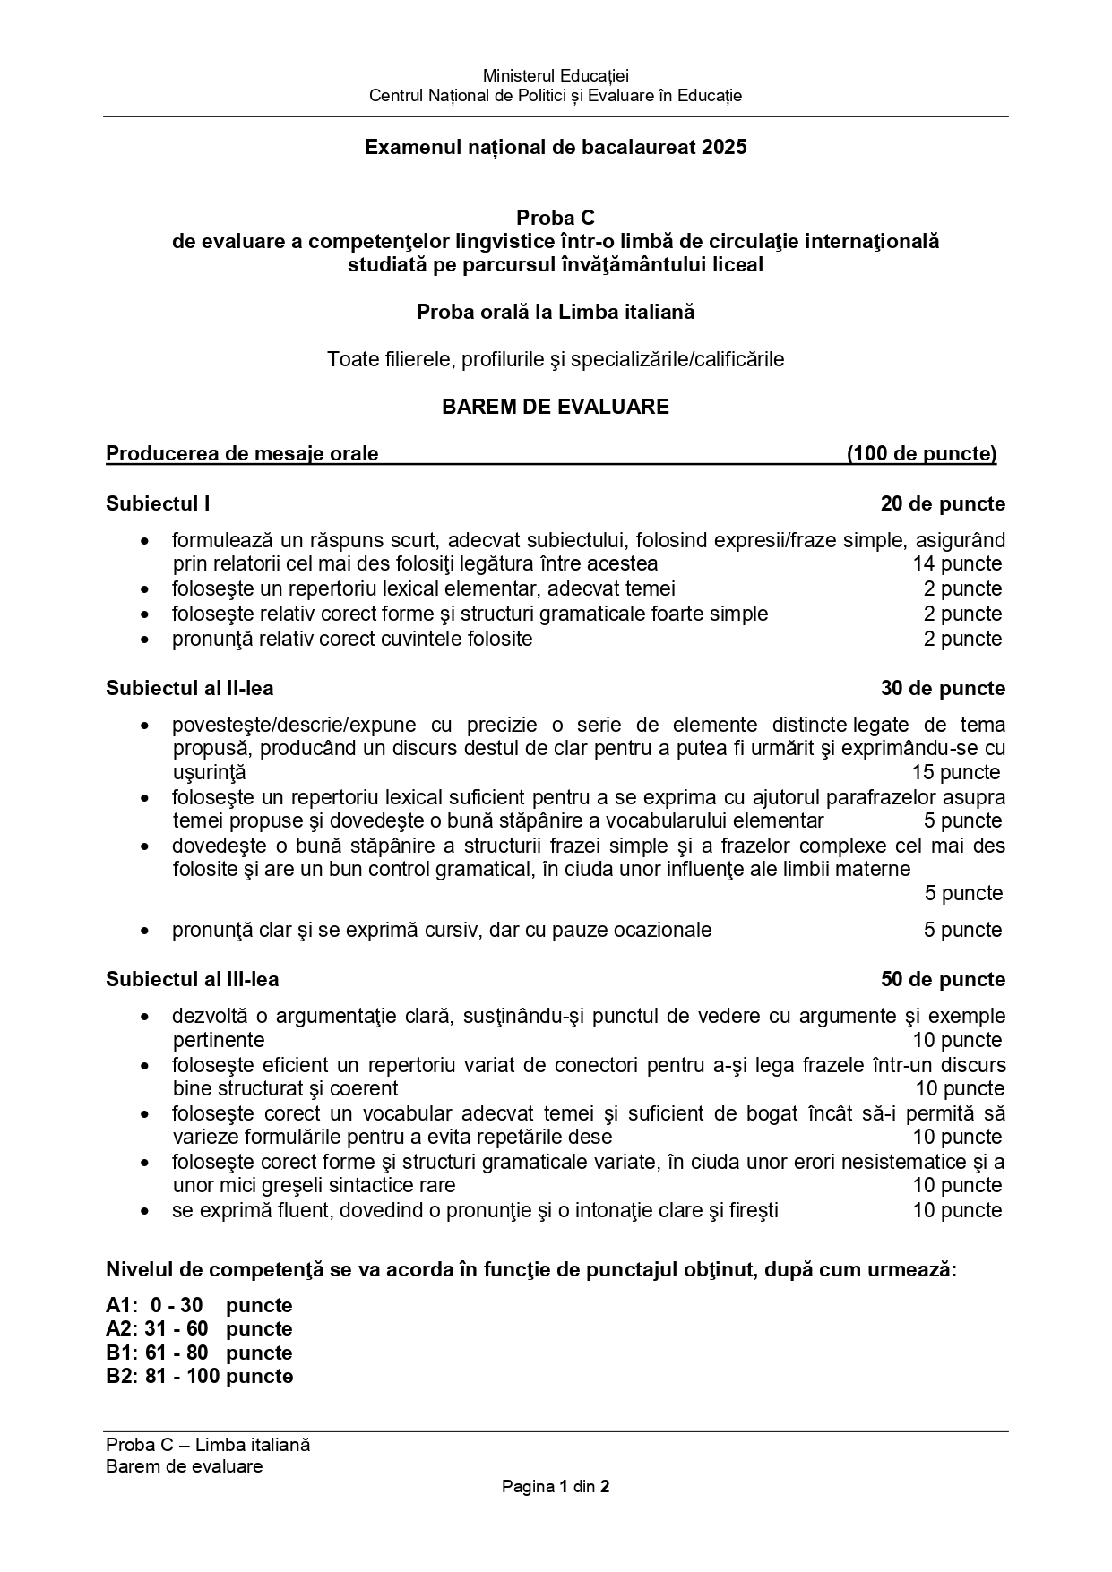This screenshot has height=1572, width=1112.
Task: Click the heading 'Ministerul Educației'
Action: tap(556, 76)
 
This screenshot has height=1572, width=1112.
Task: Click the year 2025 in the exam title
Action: tap(724, 147)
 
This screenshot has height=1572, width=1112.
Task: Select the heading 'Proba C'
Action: tap(555, 218)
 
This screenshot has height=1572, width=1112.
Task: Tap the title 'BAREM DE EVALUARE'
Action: tap(555, 407)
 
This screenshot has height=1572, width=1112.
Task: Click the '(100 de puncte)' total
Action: tap(921, 453)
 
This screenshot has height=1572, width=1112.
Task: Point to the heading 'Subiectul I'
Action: tap(158, 503)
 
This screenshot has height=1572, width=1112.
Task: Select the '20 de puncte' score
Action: tap(943, 503)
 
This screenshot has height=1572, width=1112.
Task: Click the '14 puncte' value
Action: tap(957, 563)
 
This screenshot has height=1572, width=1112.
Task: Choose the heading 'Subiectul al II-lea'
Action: tap(190, 688)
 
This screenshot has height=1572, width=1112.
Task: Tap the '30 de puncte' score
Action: tap(943, 688)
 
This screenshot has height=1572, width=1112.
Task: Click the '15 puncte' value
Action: tap(955, 772)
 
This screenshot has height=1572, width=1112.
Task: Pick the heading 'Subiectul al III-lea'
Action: tap(193, 979)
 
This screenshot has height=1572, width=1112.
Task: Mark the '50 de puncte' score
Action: tap(943, 979)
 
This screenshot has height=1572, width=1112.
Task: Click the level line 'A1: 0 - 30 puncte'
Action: tap(199, 1305)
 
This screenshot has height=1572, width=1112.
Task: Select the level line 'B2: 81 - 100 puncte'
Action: tap(199, 1376)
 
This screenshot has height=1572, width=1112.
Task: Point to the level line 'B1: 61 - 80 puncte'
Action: tap(199, 1353)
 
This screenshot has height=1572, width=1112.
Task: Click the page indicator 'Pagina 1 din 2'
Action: tap(556, 1487)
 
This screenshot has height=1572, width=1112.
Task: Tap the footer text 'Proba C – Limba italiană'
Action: tap(208, 1444)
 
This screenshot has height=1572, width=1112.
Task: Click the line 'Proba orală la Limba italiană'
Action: tap(555, 312)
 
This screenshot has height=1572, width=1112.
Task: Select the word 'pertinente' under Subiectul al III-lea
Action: tap(219, 1040)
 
